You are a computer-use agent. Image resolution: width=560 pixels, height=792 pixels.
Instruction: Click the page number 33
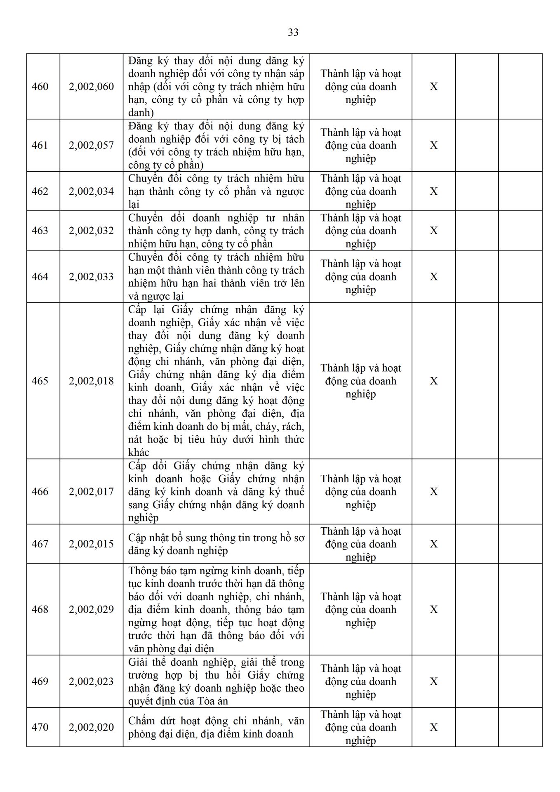click(293, 33)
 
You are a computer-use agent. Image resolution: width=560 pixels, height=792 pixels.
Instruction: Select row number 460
click(40, 87)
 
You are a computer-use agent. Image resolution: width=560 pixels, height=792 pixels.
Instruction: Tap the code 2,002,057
click(91, 146)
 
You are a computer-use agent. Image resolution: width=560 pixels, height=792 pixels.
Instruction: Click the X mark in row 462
click(434, 191)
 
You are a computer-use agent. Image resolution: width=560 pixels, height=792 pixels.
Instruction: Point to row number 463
click(40, 231)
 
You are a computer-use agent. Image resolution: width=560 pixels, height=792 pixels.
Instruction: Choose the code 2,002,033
click(91, 277)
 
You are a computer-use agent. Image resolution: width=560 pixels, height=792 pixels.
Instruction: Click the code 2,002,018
click(91, 381)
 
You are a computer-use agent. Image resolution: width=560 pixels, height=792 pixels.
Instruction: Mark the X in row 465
click(434, 381)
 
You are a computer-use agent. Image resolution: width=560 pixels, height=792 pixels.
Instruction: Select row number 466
click(40, 492)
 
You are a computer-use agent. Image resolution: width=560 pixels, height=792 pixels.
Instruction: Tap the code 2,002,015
click(91, 544)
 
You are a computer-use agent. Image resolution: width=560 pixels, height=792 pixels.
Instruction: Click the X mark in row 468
click(434, 610)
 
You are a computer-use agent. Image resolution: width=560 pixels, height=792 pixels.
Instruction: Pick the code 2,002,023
click(91, 681)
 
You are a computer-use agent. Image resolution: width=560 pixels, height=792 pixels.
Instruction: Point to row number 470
click(40, 727)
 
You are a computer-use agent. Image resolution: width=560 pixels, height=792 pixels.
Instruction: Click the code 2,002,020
click(91, 727)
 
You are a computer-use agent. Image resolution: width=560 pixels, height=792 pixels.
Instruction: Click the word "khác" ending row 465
click(139, 453)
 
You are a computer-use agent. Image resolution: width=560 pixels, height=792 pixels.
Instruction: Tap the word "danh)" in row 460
click(141, 113)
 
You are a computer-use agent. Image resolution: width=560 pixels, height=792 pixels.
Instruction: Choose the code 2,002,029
click(91, 610)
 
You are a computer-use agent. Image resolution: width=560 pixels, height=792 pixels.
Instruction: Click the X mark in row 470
click(434, 727)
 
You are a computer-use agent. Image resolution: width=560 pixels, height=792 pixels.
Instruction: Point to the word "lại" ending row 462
click(134, 205)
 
